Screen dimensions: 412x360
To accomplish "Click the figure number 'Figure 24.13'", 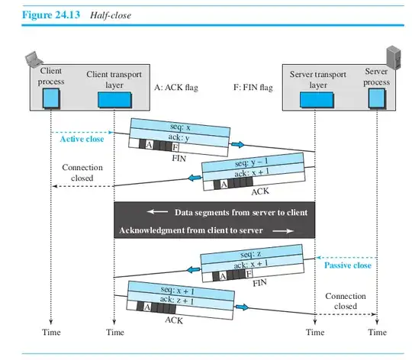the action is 51,14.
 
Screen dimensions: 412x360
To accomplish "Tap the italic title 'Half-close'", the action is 111,15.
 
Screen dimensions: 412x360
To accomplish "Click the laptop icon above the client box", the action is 34,59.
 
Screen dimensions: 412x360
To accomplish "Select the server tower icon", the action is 394,57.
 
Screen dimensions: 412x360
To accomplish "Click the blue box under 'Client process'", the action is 51,98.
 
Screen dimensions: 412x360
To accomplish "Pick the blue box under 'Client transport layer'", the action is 114,99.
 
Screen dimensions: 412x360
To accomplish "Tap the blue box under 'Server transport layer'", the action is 317,100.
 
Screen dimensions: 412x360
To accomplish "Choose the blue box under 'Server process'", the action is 377,98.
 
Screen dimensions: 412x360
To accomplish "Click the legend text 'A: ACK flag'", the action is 176,88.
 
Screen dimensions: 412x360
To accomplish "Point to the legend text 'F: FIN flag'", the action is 253,87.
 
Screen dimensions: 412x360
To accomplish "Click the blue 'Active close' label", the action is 82,139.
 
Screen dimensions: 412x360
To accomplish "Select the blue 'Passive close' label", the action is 348,265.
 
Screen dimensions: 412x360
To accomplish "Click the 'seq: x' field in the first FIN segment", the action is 180,127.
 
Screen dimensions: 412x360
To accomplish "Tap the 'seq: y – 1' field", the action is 252,162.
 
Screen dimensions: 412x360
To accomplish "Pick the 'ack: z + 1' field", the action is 177,300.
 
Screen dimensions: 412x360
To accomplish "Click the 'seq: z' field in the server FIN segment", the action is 250,254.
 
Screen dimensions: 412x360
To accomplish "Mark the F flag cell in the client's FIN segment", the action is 175,147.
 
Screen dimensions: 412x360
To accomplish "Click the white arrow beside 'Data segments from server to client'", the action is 157,211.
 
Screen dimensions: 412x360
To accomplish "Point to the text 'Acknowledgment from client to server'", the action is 191,230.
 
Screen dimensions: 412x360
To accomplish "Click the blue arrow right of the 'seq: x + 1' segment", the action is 242,307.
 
